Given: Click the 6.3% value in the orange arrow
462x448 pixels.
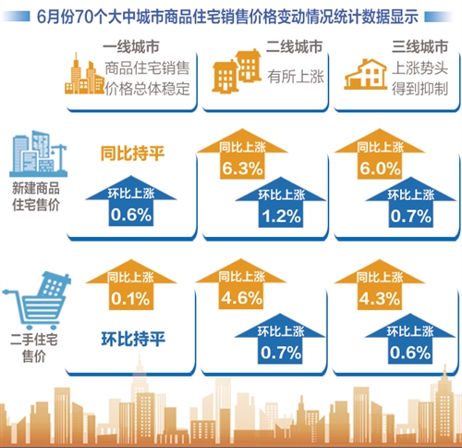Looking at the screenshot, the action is point(243,168).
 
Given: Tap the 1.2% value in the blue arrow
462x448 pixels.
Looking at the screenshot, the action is point(282,216).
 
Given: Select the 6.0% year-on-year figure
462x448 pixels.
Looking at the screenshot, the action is point(380,168).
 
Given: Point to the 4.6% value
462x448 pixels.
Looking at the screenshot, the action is point(242,298).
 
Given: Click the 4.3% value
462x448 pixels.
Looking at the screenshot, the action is point(380,298).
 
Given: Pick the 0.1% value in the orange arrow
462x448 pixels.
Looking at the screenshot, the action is point(130,298).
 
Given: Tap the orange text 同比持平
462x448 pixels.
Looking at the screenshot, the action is point(132,154).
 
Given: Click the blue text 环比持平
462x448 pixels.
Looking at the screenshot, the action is point(133,339).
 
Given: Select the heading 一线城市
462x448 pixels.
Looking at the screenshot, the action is point(131,47).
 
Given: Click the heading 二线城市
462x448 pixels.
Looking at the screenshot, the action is point(294,47).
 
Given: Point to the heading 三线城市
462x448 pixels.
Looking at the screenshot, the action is point(419,47).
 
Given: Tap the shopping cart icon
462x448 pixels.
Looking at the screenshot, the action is point(37,300).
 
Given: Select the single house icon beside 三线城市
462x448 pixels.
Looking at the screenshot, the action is point(366,74).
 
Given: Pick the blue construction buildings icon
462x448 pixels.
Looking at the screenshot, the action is point(39,154).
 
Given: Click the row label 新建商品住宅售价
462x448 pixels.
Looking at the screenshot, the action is point(36,196).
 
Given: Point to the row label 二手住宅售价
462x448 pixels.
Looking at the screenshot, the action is point(34,347).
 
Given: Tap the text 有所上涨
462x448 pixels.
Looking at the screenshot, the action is point(296,76).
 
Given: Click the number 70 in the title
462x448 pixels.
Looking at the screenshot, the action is point(84,17).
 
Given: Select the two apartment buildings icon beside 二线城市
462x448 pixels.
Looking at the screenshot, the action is point(237,71).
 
